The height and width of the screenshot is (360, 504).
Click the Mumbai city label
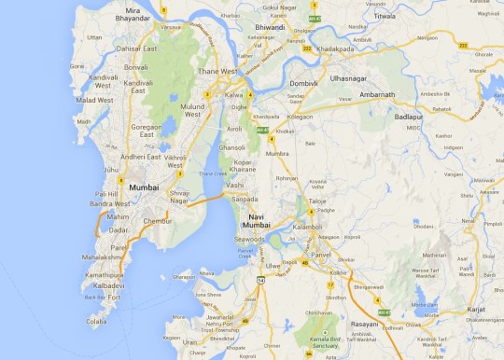click(144, 187)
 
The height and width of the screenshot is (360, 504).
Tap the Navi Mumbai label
click(257, 221)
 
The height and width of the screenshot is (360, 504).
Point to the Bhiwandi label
click(269, 29)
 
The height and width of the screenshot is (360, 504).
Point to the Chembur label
click(159, 220)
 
